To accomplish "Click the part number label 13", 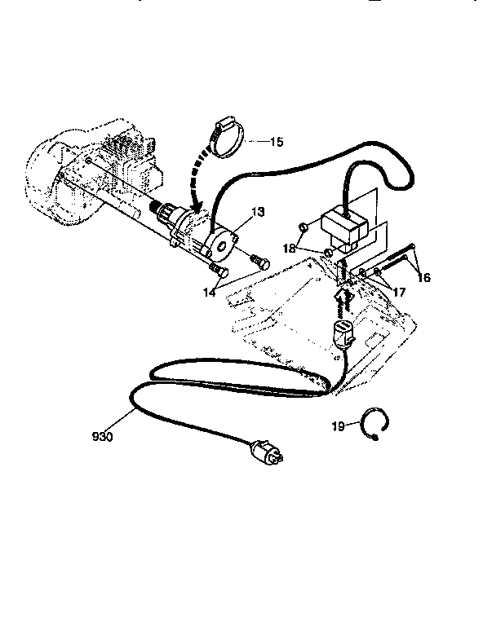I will click(x=257, y=212).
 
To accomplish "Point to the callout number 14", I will click(x=210, y=290).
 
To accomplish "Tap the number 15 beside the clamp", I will click(x=276, y=142).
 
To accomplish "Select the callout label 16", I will click(x=423, y=278).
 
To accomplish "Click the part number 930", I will click(x=102, y=437).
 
